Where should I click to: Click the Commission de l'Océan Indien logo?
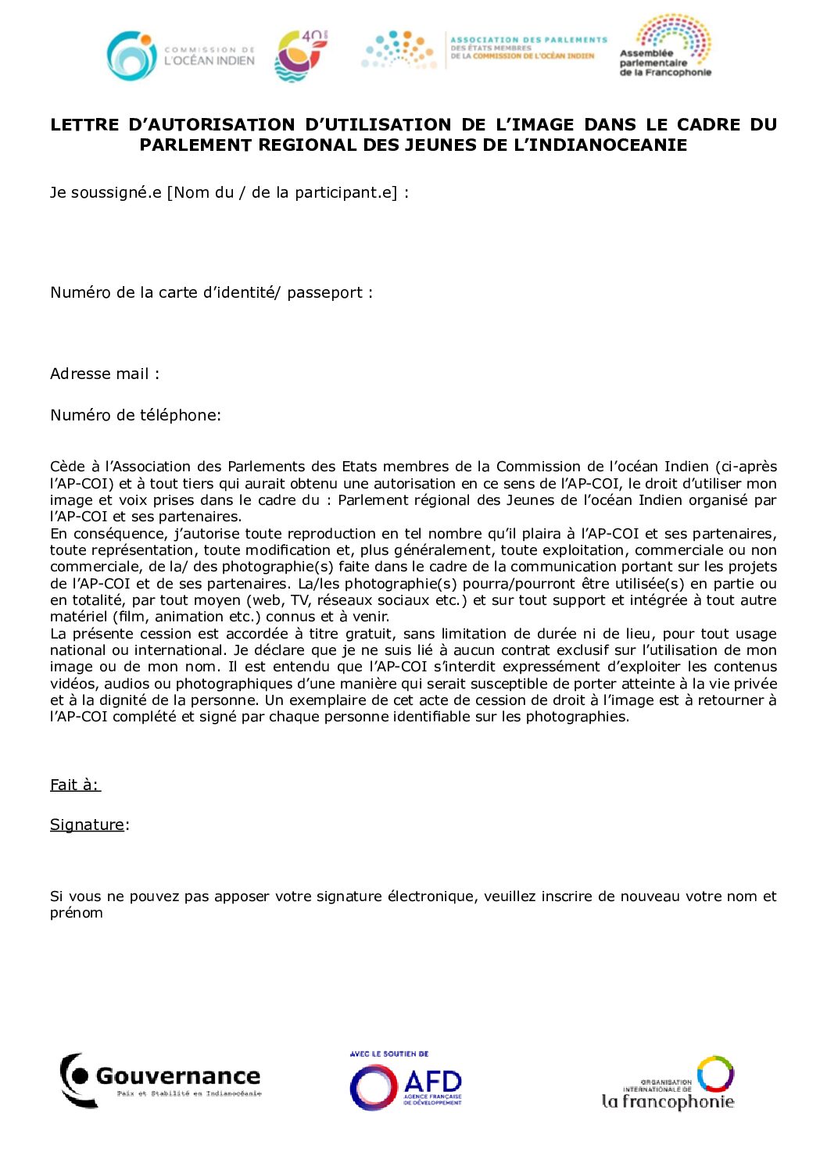tap(181, 55)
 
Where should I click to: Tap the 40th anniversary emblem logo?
tap(301, 55)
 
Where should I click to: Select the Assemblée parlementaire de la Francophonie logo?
tap(666, 47)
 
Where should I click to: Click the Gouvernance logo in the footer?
tap(161, 1080)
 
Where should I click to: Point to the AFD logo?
tap(406, 1085)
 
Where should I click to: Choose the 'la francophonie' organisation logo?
tap(668, 1084)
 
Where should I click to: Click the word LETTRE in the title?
tap(84, 125)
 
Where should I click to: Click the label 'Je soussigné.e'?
tap(106, 193)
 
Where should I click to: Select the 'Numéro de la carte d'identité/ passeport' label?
tap(211, 293)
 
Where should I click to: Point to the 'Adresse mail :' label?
tap(105, 374)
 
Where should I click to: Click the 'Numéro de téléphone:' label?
tap(135, 416)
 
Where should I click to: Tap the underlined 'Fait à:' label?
tap(75, 785)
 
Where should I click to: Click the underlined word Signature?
tap(87, 825)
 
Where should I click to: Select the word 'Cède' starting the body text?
tap(67, 467)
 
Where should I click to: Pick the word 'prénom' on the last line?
tap(77, 913)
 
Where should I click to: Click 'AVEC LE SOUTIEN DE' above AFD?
tap(388, 1054)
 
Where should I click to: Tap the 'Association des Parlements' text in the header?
tap(528, 39)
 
